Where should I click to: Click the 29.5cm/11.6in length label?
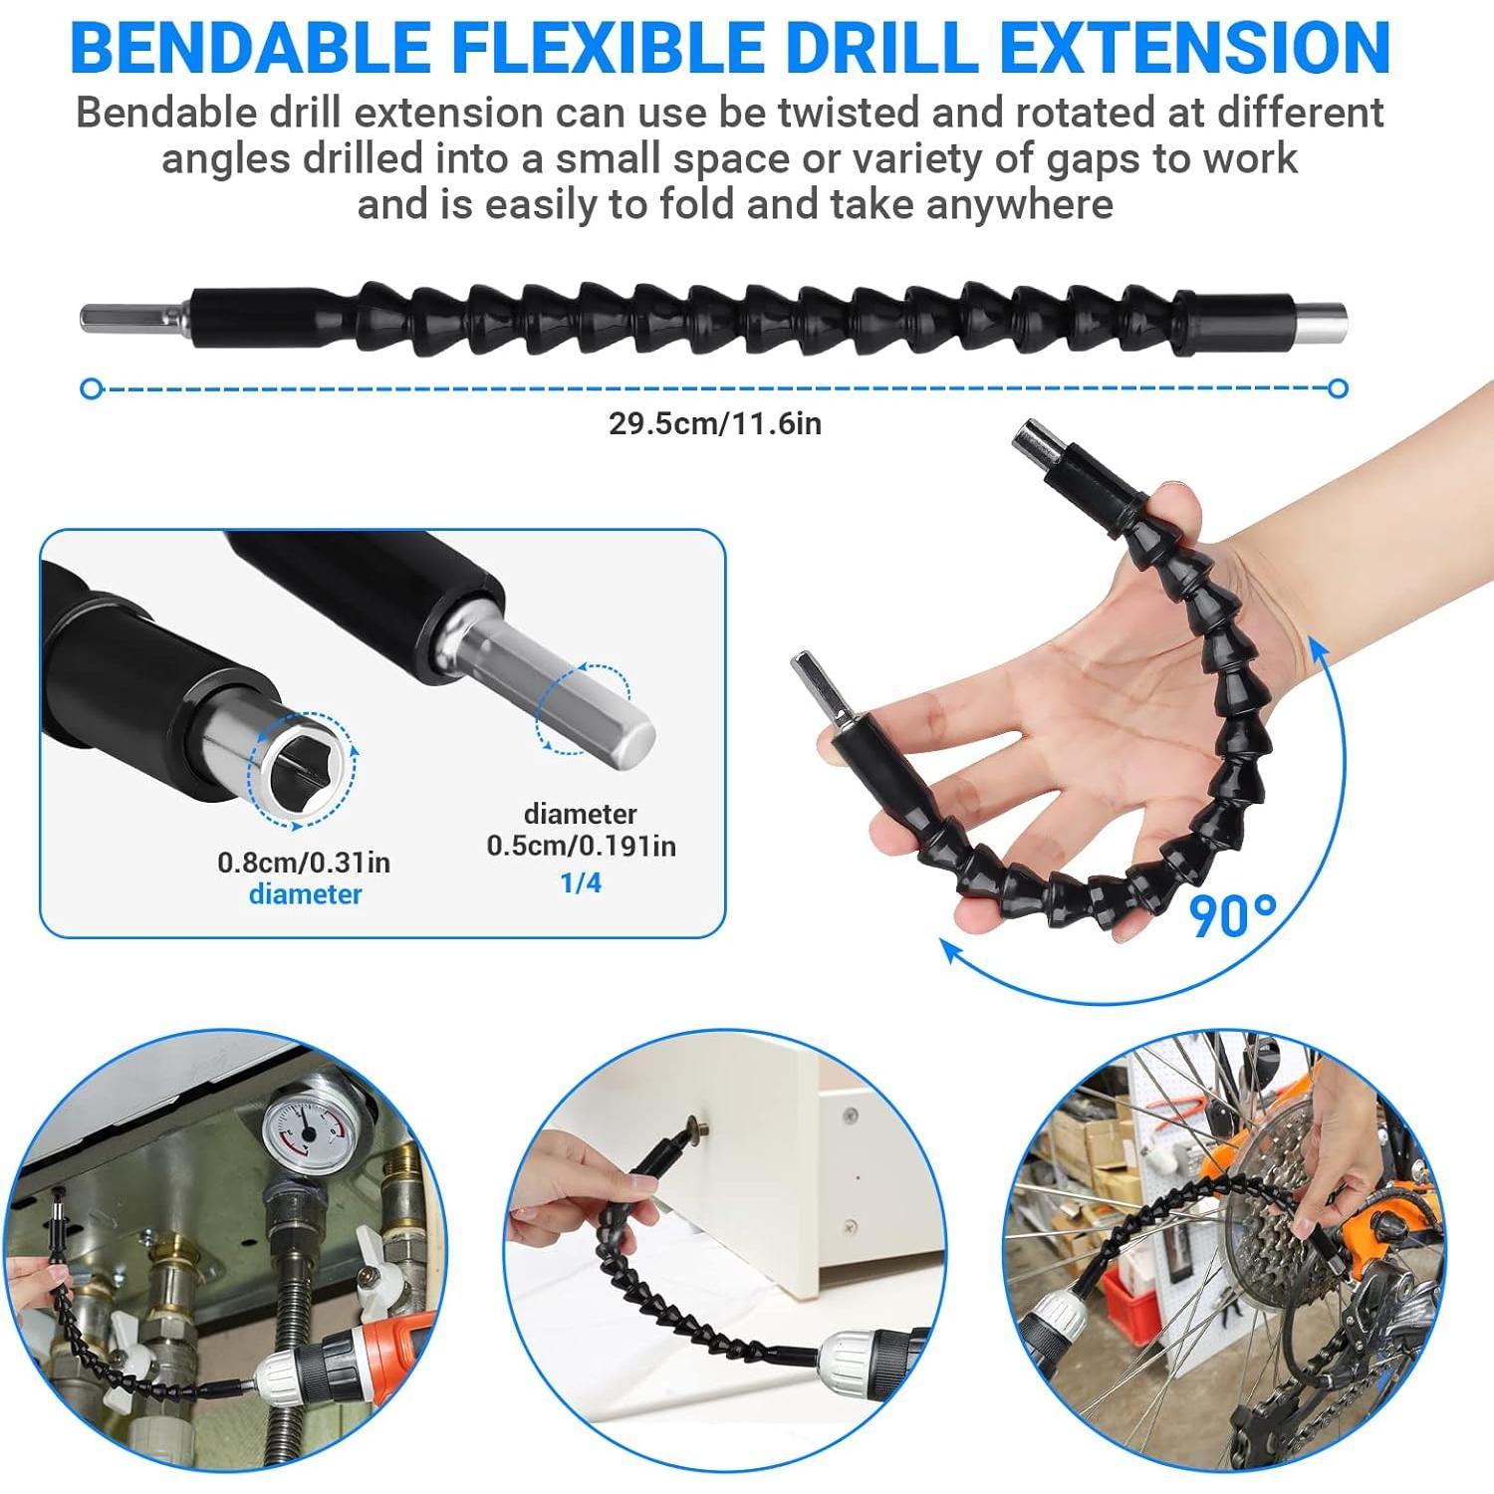pos(715,423)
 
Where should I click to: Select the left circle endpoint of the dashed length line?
pos(92,388)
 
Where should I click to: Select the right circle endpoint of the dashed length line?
pos(1339,388)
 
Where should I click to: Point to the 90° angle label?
pos(1234,916)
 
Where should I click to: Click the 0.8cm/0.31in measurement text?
pos(304,862)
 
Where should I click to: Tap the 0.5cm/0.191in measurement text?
pos(581,846)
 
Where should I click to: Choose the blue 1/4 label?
pos(581,882)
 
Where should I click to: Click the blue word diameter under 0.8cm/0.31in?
pos(305,893)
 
